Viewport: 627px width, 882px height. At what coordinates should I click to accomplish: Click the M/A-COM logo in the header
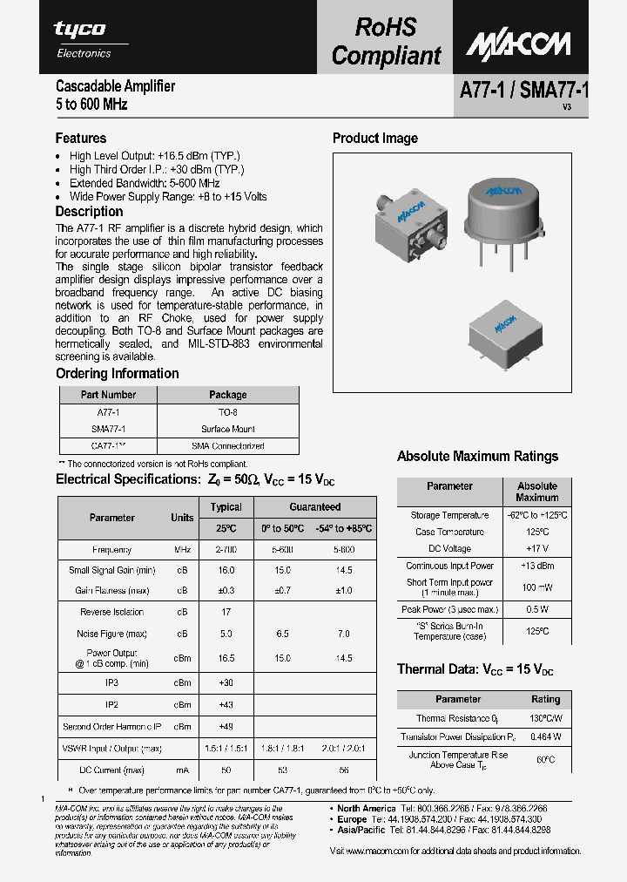tap(517, 44)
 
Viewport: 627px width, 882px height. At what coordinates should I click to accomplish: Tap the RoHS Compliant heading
tap(386, 42)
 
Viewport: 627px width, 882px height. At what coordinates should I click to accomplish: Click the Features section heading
tap(81, 138)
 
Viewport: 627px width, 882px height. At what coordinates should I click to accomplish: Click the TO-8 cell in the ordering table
tap(227, 411)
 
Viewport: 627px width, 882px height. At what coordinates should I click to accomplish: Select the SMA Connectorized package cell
tap(227, 445)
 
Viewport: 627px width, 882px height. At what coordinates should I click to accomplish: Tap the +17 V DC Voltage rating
tap(536, 548)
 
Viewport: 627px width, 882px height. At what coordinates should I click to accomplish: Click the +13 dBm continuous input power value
tap(536, 566)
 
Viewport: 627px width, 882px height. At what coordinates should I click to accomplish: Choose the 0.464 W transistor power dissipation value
tap(545, 736)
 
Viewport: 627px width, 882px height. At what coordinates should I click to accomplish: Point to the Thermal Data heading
tap(475, 669)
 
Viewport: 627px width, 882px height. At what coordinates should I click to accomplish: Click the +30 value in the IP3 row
tap(226, 682)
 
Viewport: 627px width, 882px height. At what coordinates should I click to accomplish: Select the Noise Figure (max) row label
tap(111, 634)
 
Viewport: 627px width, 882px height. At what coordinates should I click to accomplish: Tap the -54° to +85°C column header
tap(343, 528)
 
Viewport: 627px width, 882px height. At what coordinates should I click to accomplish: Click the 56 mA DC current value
tap(343, 770)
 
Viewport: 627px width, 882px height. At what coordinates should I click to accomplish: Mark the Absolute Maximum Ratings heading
tap(477, 456)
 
